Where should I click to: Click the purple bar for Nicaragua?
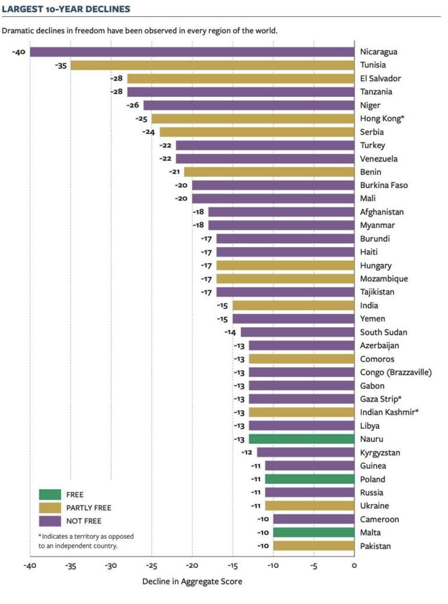[192, 52]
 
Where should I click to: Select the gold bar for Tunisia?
[212, 65]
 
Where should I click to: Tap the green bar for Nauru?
[301, 439]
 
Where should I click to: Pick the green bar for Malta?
[313, 532]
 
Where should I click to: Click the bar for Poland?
[309, 479]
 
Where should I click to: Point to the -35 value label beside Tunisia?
[61, 65]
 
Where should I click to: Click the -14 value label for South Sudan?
[232, 332]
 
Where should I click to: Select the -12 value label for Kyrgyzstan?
[248, 452]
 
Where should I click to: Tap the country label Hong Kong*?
[383, 119]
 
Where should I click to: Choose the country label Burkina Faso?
[384, 185]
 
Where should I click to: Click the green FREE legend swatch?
[50, 494]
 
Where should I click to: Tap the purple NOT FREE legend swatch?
[50, 521]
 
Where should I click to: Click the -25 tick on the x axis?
[151, 566]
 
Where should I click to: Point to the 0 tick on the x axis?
[354, 566]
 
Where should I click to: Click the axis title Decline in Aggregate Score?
[192, 581]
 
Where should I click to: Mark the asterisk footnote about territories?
[87, 540]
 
